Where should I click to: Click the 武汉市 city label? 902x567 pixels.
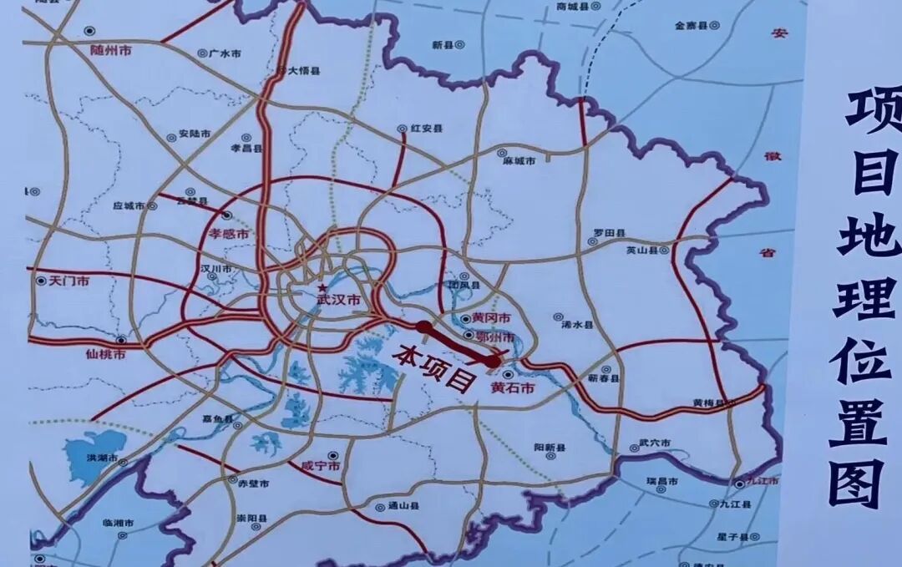339,299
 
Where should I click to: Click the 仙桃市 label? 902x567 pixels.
106,354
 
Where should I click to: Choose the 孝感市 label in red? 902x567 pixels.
227,235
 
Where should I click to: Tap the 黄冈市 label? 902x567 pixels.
490,318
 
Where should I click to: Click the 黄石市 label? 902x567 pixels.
511,387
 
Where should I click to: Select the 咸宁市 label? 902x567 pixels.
320,466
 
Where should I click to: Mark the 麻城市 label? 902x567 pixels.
519,159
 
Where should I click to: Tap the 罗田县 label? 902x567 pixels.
610,231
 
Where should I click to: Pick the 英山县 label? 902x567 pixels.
641,250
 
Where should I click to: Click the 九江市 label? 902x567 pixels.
763,482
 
